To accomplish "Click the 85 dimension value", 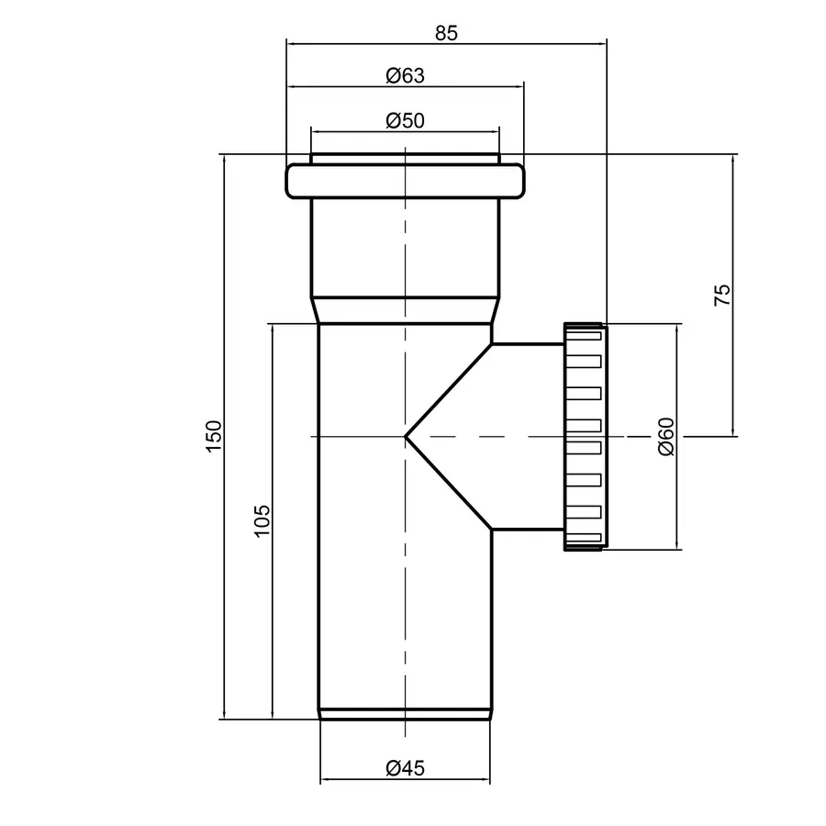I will (x=446, y=32).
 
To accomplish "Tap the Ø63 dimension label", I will (x=405, y=76).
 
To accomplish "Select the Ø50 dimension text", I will (x=405, y=120).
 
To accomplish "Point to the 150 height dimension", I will (x=213, y=436).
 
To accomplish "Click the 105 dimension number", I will (x=262, y=521).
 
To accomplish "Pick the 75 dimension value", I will (x=722, y=295).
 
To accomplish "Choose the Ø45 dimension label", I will (x=405, y=769).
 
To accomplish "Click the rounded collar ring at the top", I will (x=406, y=181).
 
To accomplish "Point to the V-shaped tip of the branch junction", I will (x=407, y=437).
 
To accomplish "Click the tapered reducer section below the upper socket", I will (x=406, y=309).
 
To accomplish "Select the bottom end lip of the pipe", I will (x=406, y=714).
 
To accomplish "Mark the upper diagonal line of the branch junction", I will (x=450, y=390).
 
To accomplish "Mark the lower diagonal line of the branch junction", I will (x=450, y=483).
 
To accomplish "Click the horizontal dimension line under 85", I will (x=446, y=42).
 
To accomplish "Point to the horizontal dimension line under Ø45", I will (x=405, y=782).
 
